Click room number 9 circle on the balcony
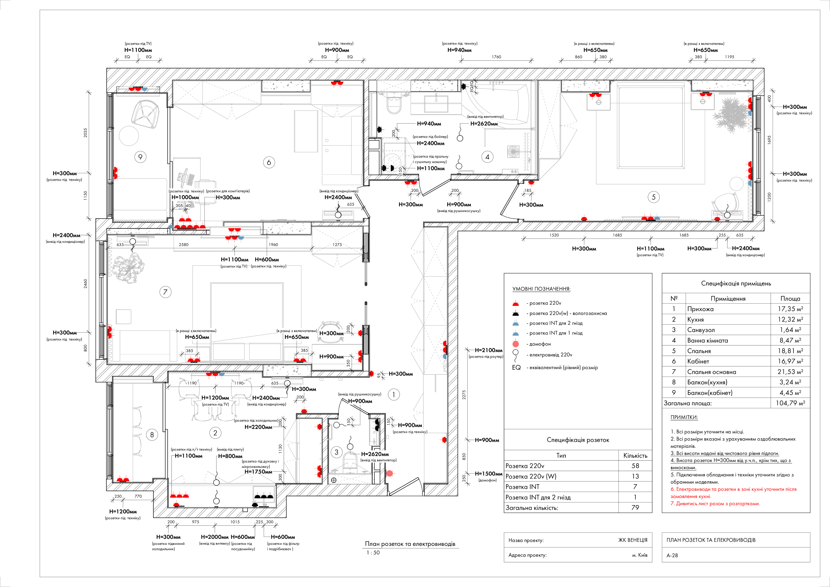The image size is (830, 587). (x=140, y=157)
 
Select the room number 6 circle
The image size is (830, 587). (x=268, y=162)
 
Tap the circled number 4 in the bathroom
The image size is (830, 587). (x=487, y=157)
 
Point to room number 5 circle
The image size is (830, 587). (x=653, y=197)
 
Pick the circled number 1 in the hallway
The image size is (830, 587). (x=394, y=395)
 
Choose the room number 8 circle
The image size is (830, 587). (x=152, y=435)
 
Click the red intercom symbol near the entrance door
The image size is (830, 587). (x=389, y=473)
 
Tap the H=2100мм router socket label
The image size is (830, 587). (x=488, y=350)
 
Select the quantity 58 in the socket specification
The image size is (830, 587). (x=635, y=466)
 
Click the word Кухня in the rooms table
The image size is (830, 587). (x=695, y=319)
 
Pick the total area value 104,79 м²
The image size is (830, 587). (x=790, y=403)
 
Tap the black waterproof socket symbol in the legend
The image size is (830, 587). (x=516, y=313)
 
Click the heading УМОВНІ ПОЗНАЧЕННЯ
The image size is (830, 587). (x=541, y=289)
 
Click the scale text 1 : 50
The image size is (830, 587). (x=373, y=552)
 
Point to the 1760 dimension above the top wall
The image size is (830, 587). (x=496, y=57)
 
